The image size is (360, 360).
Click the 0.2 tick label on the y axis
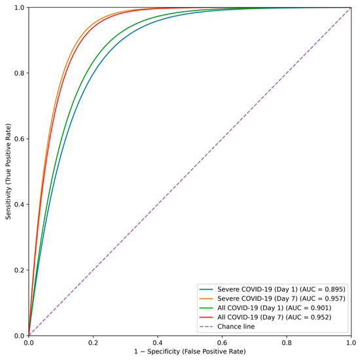(x=18, y=270)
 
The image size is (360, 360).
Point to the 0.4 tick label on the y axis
(x=18, y=204)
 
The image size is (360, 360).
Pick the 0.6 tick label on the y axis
(x=18, y=139)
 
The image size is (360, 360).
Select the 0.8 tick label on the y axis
(x=18, y=73)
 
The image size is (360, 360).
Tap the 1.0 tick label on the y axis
(x=18, y=8)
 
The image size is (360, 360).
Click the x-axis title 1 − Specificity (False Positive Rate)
(x=190, y=353)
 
